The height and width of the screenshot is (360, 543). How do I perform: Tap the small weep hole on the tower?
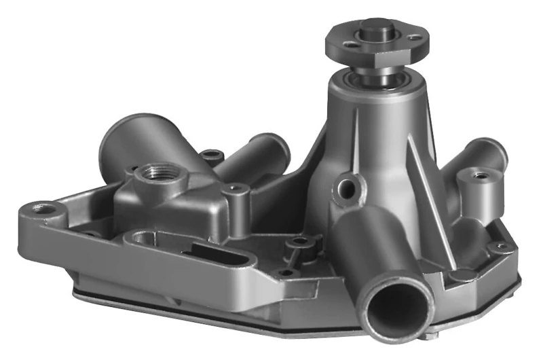tap(348, 188)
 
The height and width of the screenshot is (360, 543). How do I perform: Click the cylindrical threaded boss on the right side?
tap(479, 181)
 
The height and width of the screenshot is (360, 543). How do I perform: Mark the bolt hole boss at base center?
tap(297, 243)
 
